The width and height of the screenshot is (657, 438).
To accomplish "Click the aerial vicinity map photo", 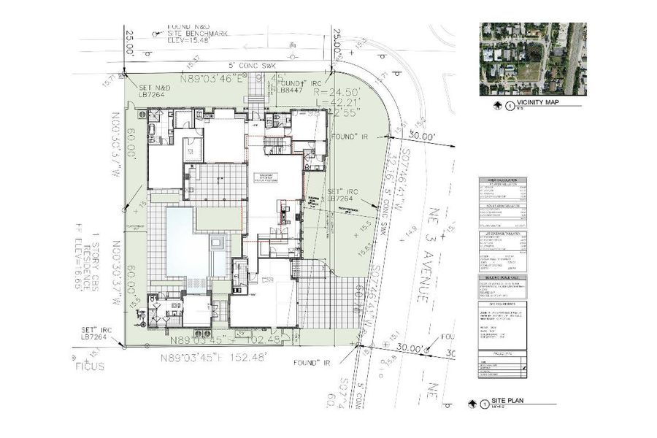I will pyautogui.click(x=533, y=59).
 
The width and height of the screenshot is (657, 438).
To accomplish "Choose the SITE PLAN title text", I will pyautogui.click(x=509, y=402).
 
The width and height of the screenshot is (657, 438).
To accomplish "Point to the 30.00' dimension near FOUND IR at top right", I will pyautogui.click(x=421, y=137).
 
